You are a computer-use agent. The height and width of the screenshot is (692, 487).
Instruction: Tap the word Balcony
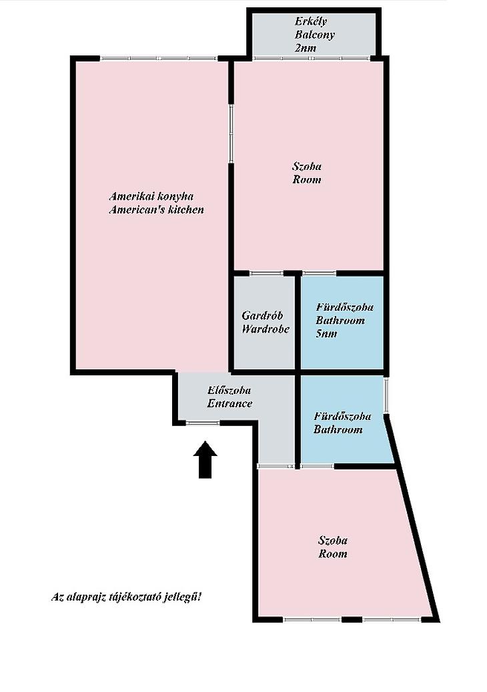click(x=315, y=35)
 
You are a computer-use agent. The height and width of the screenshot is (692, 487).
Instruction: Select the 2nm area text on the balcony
click(x=306, y=47)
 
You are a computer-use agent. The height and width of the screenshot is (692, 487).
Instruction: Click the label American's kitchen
click(x=156, y=209)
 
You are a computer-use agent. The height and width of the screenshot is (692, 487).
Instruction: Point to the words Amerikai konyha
click(x=151, y=196)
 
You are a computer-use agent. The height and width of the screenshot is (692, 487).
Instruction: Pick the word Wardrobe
click(x=266, y=329)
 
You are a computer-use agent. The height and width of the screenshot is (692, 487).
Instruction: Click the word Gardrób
click(x=262, y=315)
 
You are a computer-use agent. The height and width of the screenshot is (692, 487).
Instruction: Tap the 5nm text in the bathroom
click(x=326, y=333)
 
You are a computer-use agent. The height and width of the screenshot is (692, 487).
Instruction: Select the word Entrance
click(x=229, y=403)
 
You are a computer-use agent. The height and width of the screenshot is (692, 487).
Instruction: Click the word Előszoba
click(x=229, y=390)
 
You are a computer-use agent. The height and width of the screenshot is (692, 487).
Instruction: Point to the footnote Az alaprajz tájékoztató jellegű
click(x=126, y=597)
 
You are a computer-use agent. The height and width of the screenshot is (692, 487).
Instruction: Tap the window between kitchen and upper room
click(x=230, y=134)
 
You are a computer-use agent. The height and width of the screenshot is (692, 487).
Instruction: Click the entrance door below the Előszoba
click(x=203, y=423)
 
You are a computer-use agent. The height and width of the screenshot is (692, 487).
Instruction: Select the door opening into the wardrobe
click(x=266, y=273)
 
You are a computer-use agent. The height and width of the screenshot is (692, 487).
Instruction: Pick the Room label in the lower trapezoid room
click(x=333, y=553)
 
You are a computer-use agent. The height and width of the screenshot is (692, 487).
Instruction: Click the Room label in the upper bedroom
click(x=307, y=179)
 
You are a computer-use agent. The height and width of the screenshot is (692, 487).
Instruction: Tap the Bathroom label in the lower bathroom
click(x=338, y=429)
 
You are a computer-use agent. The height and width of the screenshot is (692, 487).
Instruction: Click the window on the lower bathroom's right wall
click(x=386, y=395)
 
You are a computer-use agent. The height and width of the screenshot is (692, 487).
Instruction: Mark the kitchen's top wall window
click(x=158, y=58)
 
